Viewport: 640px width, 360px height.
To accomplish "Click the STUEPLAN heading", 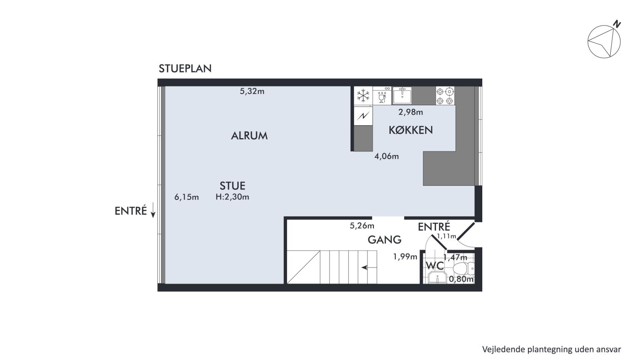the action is [x=185, y=69].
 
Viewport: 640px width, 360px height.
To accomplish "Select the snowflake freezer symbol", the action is [x=363, y=96].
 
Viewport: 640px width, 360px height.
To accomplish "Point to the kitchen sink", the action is [x=402, y=96].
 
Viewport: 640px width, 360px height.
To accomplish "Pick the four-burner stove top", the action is [x=445, y=96].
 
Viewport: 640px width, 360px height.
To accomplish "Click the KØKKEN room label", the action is [x=411, y=130].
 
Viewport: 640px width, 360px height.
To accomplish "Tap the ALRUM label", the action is [x=249, y=136].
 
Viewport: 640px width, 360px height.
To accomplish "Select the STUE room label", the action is [x=232, y=186].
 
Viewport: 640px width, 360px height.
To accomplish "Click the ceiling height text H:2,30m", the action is [x=232, y=197].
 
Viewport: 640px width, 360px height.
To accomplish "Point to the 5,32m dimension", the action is [x=252, y=91].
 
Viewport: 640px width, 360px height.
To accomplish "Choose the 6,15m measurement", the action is [x=187, y=197].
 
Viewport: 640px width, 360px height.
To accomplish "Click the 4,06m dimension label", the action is [x=387, y=156].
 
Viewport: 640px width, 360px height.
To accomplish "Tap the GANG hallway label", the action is [x=384, y=240].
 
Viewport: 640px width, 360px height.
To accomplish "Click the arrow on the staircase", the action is [x=369, y=268].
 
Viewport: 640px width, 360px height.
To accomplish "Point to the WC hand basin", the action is [x=437, y=277].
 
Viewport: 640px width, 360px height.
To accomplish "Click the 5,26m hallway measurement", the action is [x=362, y=226].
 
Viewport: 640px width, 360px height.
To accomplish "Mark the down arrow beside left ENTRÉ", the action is [x=153, y=210].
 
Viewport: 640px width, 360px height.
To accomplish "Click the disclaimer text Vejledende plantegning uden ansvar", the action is [x=551, y=349].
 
